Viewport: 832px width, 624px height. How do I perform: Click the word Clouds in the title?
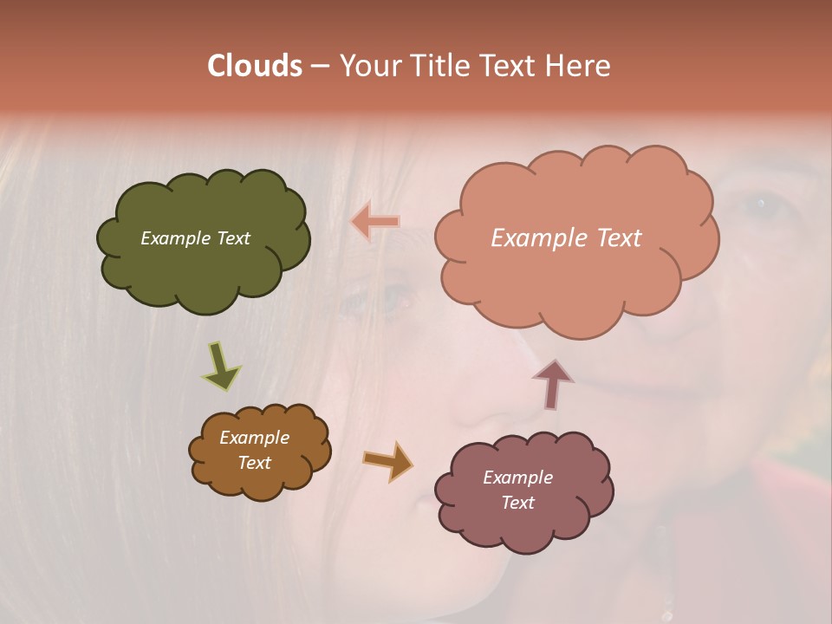(255, 66)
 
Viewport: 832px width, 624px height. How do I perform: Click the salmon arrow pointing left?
(375, 222)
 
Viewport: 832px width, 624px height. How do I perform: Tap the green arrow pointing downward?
(221, 367)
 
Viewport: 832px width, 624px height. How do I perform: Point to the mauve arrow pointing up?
(552, 383)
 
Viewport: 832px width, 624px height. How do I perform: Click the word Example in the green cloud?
(176, 238)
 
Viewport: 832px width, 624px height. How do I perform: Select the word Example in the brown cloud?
(255, 438)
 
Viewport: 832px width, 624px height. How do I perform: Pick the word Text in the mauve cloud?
(517, 503)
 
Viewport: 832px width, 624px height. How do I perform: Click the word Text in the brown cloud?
(255, 463)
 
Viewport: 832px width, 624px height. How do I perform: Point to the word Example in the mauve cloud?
(517, 478)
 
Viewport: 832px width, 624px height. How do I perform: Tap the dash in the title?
(319, 66)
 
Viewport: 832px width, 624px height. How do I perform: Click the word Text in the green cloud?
(232, 238)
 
